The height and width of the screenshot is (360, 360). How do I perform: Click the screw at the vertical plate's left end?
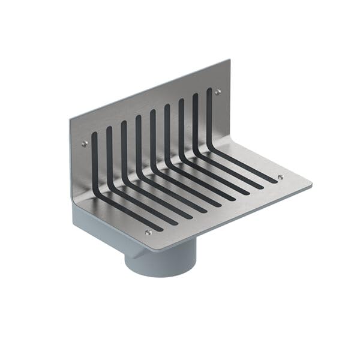(85, 143)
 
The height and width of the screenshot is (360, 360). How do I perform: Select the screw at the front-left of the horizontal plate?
(149, 232)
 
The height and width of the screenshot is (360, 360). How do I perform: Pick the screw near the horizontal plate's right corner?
(280, 177)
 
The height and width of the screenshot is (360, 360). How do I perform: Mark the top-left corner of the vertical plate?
(70, 118)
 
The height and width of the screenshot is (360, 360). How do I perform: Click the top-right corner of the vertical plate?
(230, 59)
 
